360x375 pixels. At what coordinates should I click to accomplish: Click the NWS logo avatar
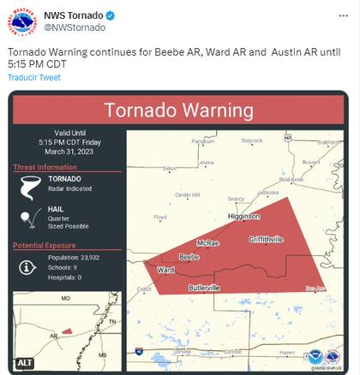pos(22,21)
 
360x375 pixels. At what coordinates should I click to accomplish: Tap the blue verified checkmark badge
pos(111,16)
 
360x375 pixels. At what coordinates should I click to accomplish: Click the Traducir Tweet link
pos(34,77)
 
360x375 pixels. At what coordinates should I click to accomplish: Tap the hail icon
pos(30,217)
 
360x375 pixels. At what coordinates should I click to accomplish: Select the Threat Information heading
pos(45,167)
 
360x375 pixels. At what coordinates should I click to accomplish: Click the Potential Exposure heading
pos(47,246)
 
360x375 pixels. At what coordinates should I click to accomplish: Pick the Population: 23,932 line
pos(74,257)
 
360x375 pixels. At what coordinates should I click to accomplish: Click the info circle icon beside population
pos(28,267)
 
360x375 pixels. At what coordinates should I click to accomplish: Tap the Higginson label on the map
pos(243,217)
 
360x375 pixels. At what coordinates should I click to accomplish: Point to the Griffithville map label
pos(266,239)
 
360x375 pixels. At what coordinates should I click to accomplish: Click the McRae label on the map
pos(208,243)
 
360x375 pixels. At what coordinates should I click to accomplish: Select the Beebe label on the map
pos(189,256)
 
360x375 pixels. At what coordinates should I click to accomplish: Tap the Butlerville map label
pos(204,288)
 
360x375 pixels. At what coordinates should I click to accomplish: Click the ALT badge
pos(25,363)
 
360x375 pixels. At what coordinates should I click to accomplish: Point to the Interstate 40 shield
pos(139,351)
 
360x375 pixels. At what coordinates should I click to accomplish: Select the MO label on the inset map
pos(65,298)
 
